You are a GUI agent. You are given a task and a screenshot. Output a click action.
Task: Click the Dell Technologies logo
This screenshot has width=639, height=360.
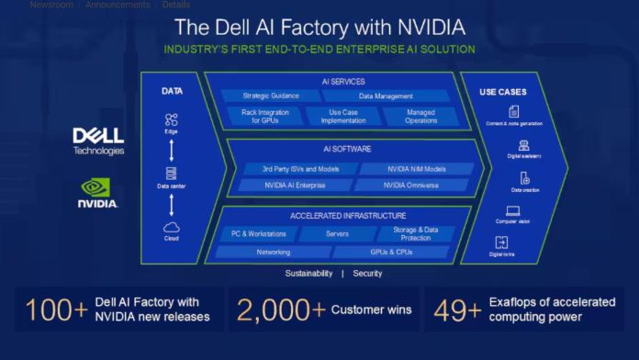coord(97,141)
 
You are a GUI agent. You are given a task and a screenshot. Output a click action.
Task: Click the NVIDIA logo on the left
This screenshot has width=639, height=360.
coord(97,193)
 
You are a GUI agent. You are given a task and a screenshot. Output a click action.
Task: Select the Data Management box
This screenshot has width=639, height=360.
coord(385,96)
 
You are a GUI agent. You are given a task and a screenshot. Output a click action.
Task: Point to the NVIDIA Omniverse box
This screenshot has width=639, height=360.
coord(413,185)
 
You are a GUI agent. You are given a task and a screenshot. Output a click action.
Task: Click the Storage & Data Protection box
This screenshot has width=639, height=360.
coord(416,233)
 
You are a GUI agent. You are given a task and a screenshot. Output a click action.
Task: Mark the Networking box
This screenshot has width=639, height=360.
coord(273,251)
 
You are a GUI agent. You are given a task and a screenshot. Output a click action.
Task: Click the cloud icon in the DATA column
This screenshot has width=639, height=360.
coord(171,227)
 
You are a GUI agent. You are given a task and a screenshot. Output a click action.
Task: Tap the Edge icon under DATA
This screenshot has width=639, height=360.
coord(171,118)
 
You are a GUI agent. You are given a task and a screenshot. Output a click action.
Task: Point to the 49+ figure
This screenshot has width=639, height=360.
coord(456,311)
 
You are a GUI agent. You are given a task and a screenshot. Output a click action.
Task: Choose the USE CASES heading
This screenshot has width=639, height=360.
coord(502,91)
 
